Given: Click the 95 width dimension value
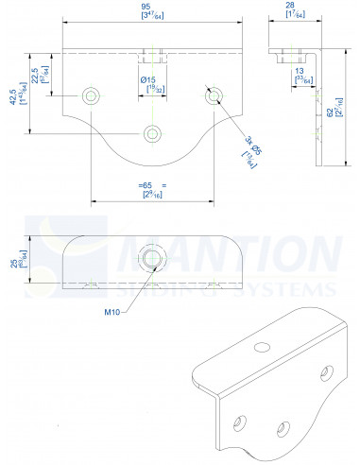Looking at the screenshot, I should point(153,9).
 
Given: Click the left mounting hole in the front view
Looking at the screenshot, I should point(92,95).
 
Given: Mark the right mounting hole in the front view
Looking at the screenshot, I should point(214,95).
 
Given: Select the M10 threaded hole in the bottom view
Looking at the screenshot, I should point(153,255).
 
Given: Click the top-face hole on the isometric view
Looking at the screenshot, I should point(261,347).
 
